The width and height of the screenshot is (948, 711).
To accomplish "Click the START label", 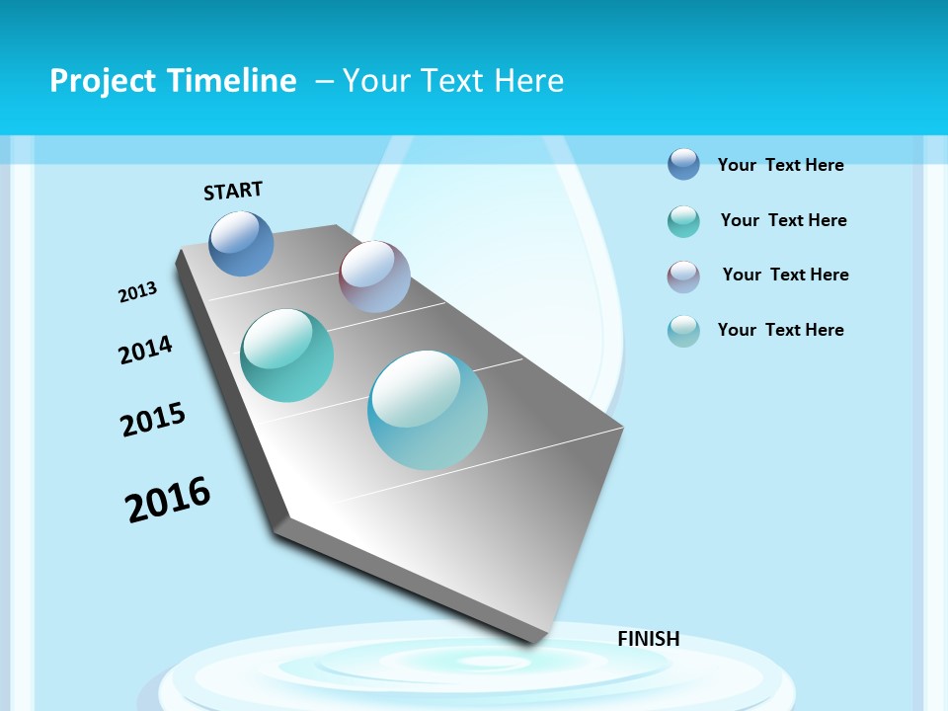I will pos(233,191).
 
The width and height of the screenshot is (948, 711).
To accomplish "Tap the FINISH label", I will pos(648,639).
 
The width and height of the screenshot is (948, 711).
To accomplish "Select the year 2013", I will pos(137,292).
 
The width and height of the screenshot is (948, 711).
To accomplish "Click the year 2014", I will pos(145,350).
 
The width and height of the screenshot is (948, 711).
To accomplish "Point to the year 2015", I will pos(153,419).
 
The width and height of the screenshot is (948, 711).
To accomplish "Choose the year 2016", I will pos(168,500).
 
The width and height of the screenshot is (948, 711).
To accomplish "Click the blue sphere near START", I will pos(241,243).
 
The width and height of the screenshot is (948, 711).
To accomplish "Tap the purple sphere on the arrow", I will pos(374,276).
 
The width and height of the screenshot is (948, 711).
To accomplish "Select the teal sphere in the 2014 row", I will pos(286,355).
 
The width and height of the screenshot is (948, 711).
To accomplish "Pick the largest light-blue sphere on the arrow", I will pos(428,410).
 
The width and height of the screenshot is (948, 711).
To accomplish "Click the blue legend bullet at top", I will pos(683,164).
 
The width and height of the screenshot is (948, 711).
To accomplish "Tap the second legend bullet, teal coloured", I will pos(683,221).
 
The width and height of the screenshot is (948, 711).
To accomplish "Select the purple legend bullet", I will pos(683,276).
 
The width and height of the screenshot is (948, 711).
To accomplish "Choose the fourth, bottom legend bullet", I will pos(683,331).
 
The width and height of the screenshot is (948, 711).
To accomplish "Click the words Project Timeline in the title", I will pos(173,81).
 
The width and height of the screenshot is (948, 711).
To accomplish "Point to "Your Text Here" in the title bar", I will pos(453,81).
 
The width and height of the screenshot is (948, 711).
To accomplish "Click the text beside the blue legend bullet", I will pos(780,165).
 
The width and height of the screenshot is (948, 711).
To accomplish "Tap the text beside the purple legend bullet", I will pos(785,275).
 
